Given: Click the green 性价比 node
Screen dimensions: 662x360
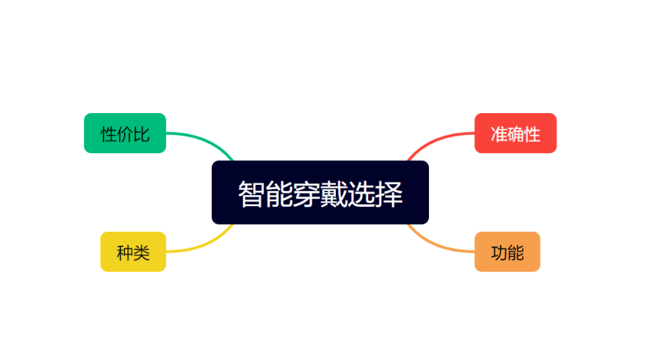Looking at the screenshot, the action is coord(125,133).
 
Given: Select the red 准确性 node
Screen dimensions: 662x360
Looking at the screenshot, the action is coord(516,133).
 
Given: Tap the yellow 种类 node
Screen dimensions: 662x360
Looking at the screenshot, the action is coord(133,252).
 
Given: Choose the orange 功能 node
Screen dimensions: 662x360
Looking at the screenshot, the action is coord(507,252).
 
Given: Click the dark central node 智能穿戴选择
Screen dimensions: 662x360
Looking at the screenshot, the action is coord(320,192).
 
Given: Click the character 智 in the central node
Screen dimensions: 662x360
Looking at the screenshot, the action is coord(252,194).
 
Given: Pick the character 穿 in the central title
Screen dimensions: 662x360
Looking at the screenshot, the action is coord(306,194).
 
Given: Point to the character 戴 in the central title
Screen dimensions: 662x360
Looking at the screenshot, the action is coord(334,194).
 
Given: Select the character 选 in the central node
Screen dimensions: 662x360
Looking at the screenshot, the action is coord(361,194).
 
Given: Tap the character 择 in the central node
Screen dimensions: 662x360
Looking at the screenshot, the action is coord(388,194).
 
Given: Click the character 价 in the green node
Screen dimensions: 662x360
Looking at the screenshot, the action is coord(125,134).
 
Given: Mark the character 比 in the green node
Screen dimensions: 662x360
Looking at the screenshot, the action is coord(141,134).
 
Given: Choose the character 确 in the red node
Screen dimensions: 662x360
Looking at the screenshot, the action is coord(516,134).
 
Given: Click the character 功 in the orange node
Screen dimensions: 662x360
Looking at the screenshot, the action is coord(499,253).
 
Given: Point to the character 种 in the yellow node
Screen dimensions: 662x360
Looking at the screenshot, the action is coord(125,253).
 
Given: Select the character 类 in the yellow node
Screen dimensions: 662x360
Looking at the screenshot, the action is coord(141,253).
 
